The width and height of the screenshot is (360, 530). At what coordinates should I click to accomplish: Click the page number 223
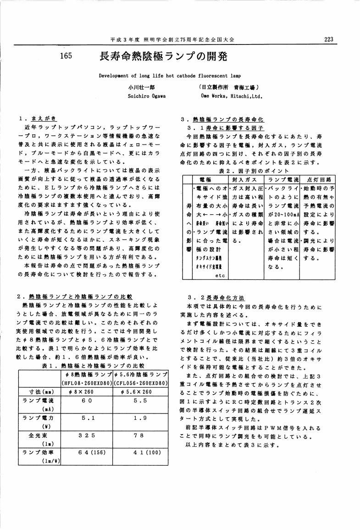pos(328,39)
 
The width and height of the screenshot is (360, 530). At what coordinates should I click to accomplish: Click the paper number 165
pos(67,56)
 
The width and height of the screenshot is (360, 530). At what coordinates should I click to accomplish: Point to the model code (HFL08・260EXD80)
pos(86,383)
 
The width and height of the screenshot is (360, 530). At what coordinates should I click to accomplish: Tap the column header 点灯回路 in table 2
pos(318,179)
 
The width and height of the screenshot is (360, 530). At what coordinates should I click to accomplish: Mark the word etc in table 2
pos(219,276)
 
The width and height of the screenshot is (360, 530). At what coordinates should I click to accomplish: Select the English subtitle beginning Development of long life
pos(170,75)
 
